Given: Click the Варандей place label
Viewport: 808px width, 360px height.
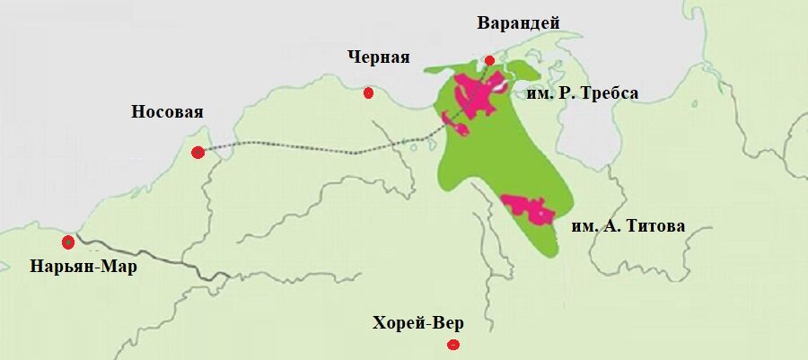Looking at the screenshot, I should point(518,22).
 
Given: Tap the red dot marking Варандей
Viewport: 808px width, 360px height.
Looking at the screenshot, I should point(489,61).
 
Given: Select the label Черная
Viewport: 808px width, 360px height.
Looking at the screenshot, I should point(378,58).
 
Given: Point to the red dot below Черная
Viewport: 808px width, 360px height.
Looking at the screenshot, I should point(368,93).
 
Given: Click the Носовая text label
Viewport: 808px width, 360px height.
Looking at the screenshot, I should point(167,112).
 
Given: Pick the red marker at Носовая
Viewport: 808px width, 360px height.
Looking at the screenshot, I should point(198,153).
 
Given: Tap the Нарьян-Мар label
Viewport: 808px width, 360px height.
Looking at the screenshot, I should point(83,267).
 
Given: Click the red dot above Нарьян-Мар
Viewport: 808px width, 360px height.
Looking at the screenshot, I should point(67,242).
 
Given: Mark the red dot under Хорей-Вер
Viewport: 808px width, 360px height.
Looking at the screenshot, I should point(453,345).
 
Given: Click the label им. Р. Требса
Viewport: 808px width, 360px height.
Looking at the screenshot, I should point(581,92).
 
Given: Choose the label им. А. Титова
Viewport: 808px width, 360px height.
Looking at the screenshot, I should point(628,226).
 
